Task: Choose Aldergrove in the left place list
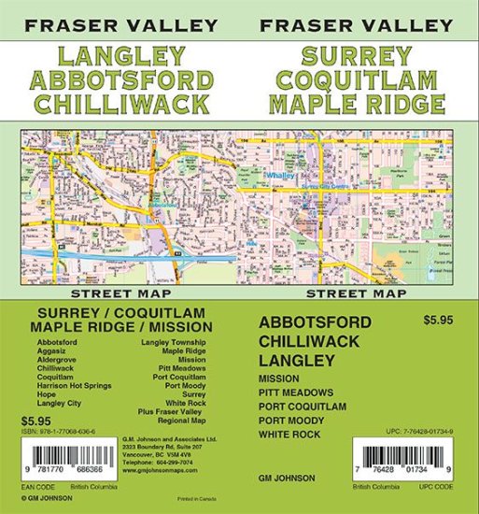pos(59,358)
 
